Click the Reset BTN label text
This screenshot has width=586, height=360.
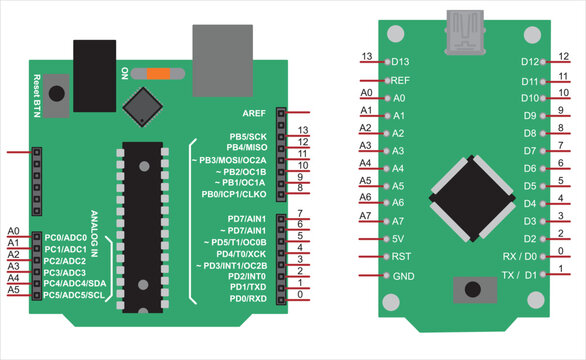(x=36, y=92)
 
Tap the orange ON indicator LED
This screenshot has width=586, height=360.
(x=160, y=73)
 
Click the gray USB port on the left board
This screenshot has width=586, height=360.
(x=210, y=51)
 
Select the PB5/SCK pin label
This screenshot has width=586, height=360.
(x=247, y=136)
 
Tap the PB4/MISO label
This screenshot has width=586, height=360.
(x=245, y=148)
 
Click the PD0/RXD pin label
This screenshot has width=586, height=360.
(x=247, y=298)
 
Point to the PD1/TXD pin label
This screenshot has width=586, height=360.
(x=247, y=286)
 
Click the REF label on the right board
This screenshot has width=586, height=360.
(x=400, y=79)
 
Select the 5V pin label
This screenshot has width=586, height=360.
(x=399, y=239)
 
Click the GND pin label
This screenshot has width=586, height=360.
(x=403, y=275)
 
